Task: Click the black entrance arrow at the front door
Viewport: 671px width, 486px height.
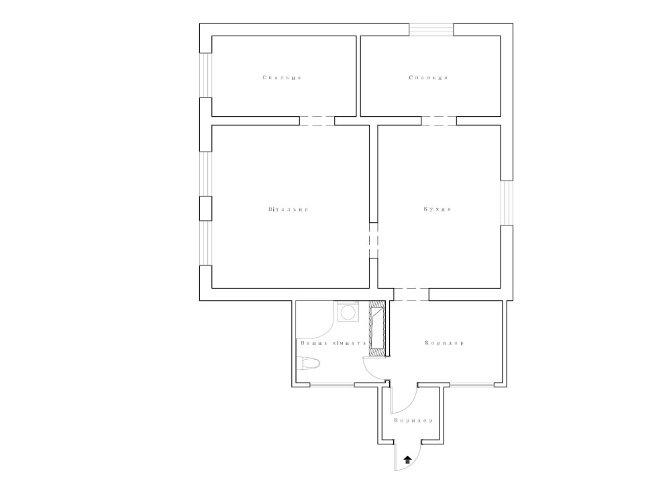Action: pos(408,460)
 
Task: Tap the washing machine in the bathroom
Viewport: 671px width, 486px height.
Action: pos(348,311)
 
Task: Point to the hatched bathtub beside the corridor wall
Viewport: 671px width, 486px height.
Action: pos(377,329)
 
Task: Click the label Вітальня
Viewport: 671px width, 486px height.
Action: pos(289,209)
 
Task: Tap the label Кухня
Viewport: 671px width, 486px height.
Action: pos(437,209)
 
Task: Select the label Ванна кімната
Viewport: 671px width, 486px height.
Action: pos(333,343)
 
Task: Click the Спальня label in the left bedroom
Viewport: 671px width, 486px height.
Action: pos(282,77)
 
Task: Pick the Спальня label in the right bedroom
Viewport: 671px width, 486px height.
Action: pos(428,77)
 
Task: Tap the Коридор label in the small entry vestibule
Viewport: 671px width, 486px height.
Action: pos(413,420)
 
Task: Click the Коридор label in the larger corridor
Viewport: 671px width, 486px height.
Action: pos(445,343)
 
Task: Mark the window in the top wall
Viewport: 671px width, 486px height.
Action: pos(431,30)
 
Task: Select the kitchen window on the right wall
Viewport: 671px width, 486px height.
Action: pos(507,203)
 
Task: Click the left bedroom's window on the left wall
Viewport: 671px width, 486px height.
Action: pos(206,75)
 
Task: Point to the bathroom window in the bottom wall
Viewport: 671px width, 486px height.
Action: pos(332,385)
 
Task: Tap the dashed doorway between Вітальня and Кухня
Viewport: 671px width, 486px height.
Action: pos(374,240)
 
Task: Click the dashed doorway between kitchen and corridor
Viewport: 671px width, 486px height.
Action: pos(411,294)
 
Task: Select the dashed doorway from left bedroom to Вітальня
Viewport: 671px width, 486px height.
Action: pos(317,121)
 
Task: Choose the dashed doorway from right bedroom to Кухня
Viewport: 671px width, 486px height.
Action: pos(439,121)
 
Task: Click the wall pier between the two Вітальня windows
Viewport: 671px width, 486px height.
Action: pos(206,209)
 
